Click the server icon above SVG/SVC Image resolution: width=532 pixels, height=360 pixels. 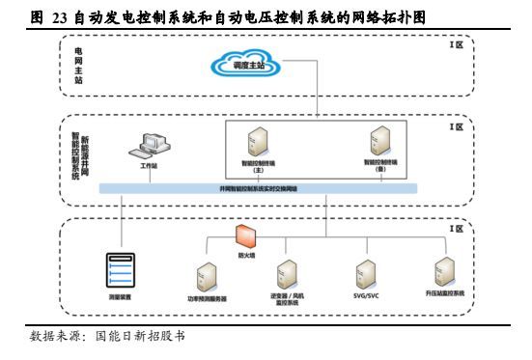365,269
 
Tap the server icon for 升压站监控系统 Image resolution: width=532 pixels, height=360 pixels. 444,268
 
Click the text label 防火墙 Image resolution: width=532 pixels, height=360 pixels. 246,256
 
